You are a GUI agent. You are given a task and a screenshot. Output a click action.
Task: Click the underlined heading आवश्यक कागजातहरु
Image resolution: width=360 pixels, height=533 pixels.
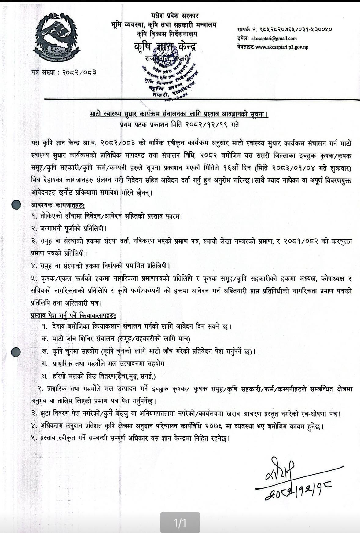(x=58, y=204)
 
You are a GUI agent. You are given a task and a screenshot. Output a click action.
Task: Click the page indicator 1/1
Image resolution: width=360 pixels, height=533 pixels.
(x=180, y=523)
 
